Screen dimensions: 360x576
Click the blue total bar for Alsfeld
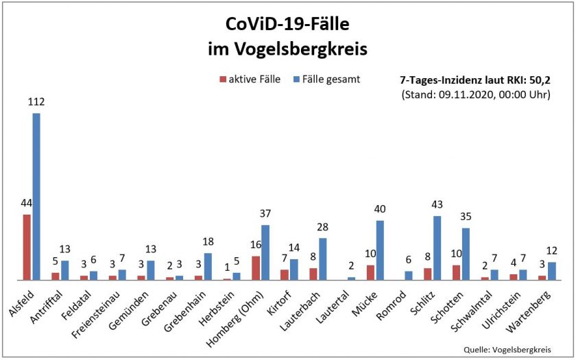(36, 196)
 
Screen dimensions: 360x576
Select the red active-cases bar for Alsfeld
(27, 247)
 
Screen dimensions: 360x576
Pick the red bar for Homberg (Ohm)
(256, 267)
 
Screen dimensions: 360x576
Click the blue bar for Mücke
(380, 250)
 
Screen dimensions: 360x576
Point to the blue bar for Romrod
(409, 275)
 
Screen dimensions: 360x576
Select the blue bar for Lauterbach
(322, 259)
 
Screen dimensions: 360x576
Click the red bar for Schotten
(456, 272)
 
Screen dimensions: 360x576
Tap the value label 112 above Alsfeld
(36, 101)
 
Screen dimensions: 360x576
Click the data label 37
(265, 213)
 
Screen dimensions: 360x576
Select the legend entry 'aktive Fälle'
(250, 79)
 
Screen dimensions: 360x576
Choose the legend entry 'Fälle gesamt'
(328, 79)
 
